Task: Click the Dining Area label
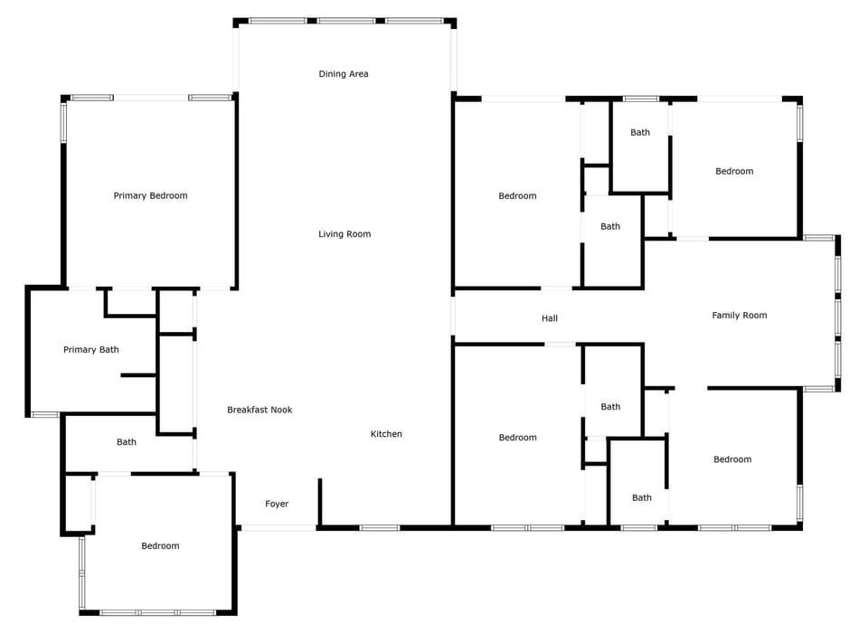[x=344, y=74]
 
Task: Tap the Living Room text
[x=344, y=234]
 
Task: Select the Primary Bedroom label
[x=150, y=195]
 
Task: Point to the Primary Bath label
[x=90, y=350]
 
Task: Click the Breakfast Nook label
[x=259, y=410]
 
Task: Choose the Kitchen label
[x=386, y=434]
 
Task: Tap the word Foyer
[x=277, y=504]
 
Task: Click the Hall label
[x=550, y=318]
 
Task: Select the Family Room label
[x=739, y=316]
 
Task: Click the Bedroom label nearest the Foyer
[x=160, y=545]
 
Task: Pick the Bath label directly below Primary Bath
[x=127, y=442]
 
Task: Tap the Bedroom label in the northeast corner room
[x=734, y=171]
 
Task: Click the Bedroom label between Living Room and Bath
[x=517, y=196]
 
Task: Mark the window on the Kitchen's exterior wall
[x=380, y=527]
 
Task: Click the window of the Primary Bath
[x=45, y=415]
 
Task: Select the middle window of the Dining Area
[x=346, y=21]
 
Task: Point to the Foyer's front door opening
[x=278, y=527]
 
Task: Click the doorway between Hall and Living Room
[x=453, y=317]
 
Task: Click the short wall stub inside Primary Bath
[x=138, y=375]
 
